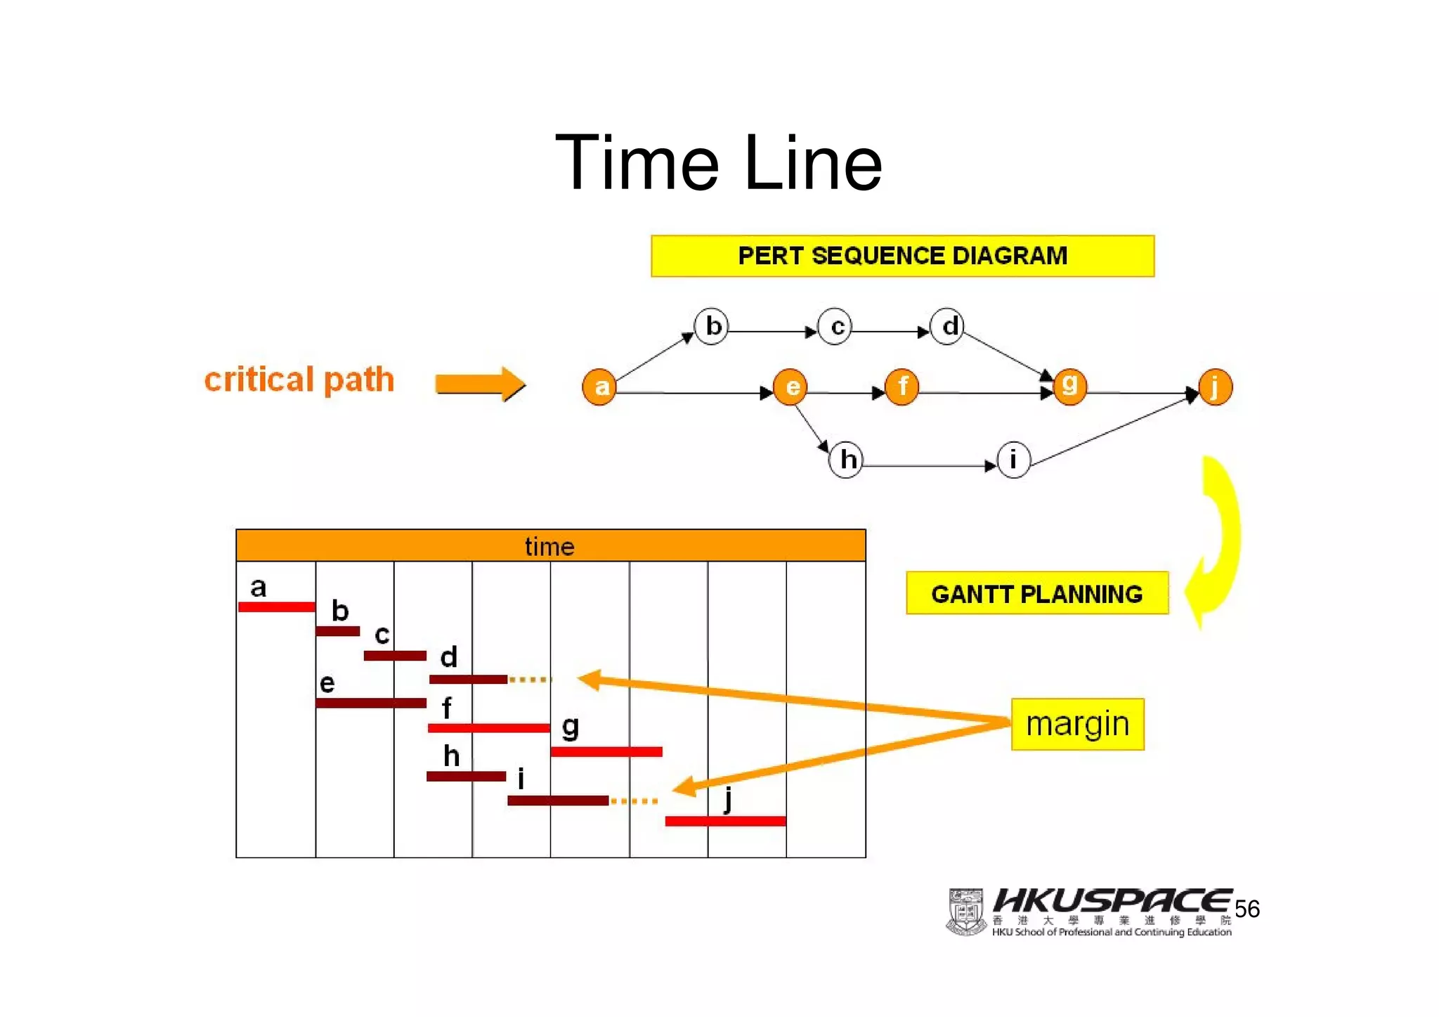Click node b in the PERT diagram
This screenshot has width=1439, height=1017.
tap(711, 326)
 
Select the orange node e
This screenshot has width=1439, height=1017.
tap(790, 387)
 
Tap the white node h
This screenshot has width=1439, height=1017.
tap(846, 460)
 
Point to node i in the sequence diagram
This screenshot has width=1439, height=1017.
tap(1013, 460)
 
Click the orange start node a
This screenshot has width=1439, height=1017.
tap(599, 387)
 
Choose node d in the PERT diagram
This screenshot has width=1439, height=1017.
tap(947, 326)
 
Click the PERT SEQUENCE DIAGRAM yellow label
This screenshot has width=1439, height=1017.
tap(902, 256)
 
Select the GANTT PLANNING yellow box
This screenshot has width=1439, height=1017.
tap(1037, 594)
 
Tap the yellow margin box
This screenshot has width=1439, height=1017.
tap(1077, 724)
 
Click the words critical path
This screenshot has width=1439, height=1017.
tap(299, 380)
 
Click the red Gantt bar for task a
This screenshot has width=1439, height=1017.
tap(277, 607)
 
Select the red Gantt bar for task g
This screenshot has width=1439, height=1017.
tap(606, 752)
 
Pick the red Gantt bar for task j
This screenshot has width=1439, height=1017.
tap(725, 821)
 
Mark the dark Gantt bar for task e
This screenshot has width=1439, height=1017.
tap(371, 703)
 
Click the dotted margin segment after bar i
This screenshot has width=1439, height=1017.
tap(634, 801)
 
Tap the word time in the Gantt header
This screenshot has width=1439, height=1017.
tap(549, 547)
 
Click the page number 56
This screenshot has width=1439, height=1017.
tap(1247, 909)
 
